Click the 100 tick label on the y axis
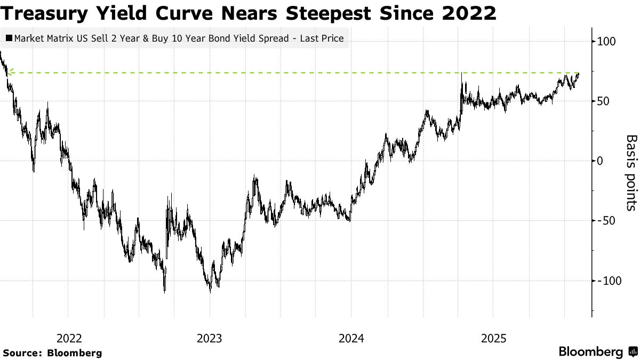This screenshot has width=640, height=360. pyautogui.click(x=607, y=42)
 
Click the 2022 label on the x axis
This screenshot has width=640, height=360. pyautogui.click(x=68, y=338)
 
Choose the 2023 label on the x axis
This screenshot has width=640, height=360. pyautogui.click(x=210, y=338)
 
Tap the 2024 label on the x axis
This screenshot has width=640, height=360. pyautogui.click(x=351, y=338)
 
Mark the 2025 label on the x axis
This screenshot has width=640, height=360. pyautogui.click(x=493, y=338)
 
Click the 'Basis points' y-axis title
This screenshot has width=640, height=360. pyautogui.click(x=631, y=172)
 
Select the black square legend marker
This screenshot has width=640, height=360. pyautogui.click(x=9, y=38)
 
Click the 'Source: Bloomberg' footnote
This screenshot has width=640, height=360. pyautogui.click(x=52, y=353)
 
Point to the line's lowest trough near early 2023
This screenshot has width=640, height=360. pyautogui.click(x=210, y=292)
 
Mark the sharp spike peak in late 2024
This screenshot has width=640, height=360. pyautogui.click(x=461, y=73)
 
